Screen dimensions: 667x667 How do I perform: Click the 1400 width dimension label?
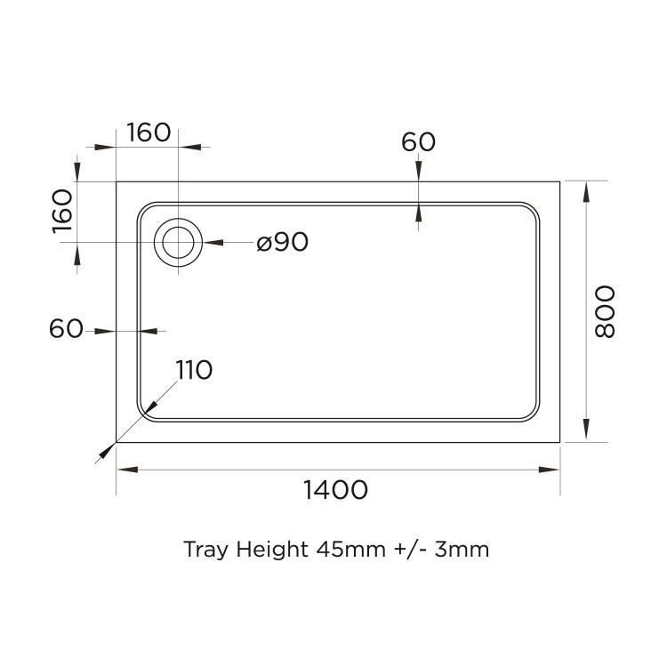point(335,489)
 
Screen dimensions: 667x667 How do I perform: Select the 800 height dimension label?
point(604,311)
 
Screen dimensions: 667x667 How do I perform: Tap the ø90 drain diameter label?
point(282,242)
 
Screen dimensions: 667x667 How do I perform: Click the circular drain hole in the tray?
point(179,242)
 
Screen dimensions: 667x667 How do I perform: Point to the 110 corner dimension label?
point(193,370)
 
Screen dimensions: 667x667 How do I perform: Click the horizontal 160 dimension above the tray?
point(149,133)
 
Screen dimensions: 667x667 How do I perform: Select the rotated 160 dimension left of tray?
point(61,211)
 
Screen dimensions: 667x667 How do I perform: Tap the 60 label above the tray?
point(418,141)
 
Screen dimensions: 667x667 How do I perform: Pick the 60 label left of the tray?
point(67,329)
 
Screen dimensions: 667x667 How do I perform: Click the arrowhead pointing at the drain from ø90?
point(210,242)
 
